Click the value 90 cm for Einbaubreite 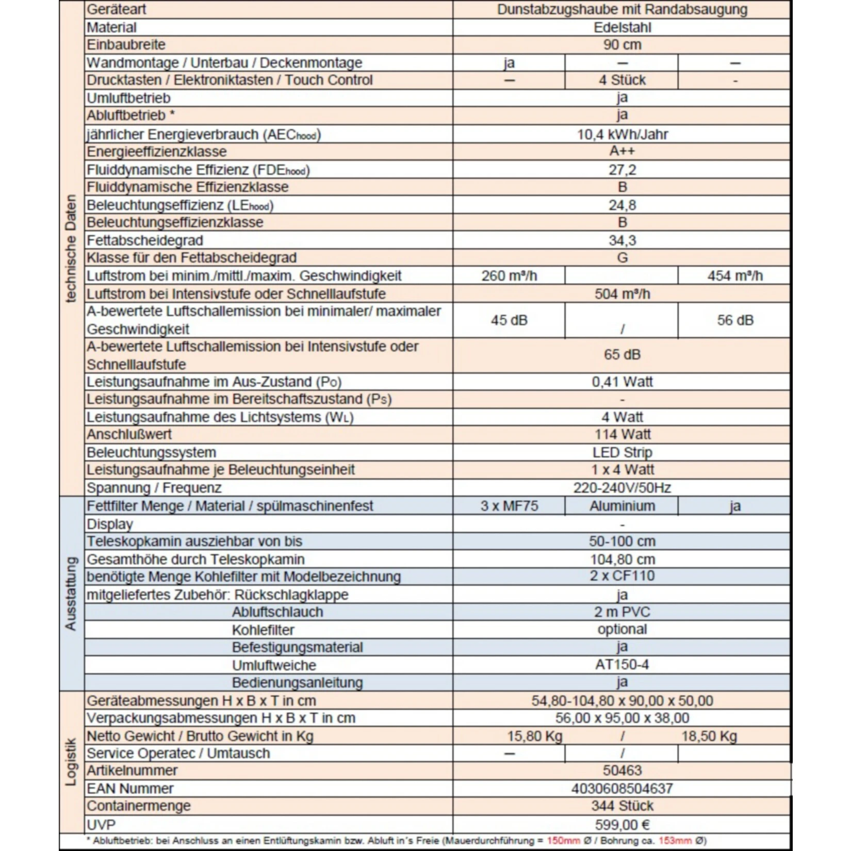[x=622, y=45]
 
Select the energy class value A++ [x=622, y=151]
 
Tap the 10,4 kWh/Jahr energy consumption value [x=622, y=135]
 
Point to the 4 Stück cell [x=622, y=80]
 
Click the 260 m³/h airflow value [x=509, y=276]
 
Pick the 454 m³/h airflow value [x=734, y=276]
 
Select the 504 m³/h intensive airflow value [x=622, y=294]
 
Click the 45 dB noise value [x=509, y=320]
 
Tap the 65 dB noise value [x=622, y=355]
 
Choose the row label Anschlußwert [x=129, y=434]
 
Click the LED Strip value [x=622, y=452]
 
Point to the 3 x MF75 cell [x=509, y=506]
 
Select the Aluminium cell [x=622, y=506]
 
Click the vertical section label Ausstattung [x=71, y=593]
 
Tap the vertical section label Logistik [x=71, y=762]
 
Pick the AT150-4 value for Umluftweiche [x=622, y=664]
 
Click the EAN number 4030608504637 [x=622, y=789]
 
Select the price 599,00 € [x=622, y=825]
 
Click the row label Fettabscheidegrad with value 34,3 [x=145, y=240]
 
